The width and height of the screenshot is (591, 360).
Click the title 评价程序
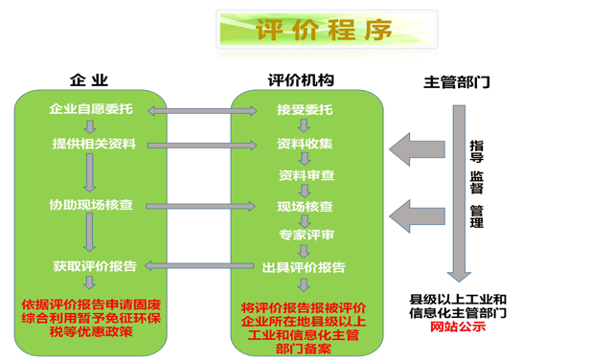click(x=325, y=30)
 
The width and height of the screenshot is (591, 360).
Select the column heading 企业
click(x=89, y=81)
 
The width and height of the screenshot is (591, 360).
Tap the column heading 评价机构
click(x=301, y=81)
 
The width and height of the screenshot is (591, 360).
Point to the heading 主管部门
click(x=457, y=82)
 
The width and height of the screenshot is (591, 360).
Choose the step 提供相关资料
click(x=94, y=144)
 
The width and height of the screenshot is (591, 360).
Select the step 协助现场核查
click(x=92, y=205)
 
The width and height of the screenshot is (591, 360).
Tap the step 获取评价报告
click(x=94, y=266)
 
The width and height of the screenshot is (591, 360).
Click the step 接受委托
click(x=305, y=109)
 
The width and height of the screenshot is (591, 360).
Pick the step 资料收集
click(x=305, y=144)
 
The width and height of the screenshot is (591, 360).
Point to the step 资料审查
click(x=307, y=175)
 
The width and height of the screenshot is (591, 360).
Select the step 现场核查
click(x=305, y=205)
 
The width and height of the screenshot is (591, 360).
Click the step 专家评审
click(x=307, y=235)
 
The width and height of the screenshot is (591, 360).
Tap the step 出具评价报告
click(x=304, y=267)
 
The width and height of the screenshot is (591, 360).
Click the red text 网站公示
click(x=458, y=326)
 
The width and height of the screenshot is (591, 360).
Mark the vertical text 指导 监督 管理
click(x=476, y=183)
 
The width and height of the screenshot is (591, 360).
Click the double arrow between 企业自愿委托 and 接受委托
click(x=200, y=112)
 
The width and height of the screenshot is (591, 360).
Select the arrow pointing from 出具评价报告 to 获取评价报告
click(x=200, y=267)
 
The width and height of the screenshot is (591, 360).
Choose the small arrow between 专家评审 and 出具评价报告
click(x=304, y=251)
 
